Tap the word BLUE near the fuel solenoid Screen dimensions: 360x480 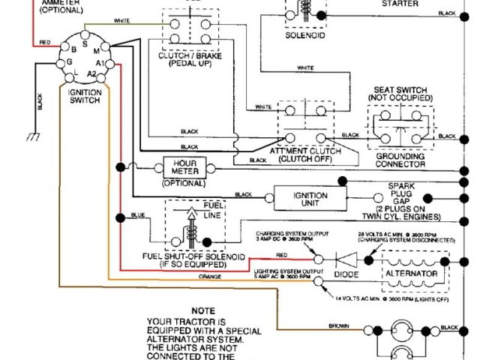tap(138, 215)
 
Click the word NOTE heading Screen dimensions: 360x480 tap(202, 309)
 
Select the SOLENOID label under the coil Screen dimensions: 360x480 tap(305, 34)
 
